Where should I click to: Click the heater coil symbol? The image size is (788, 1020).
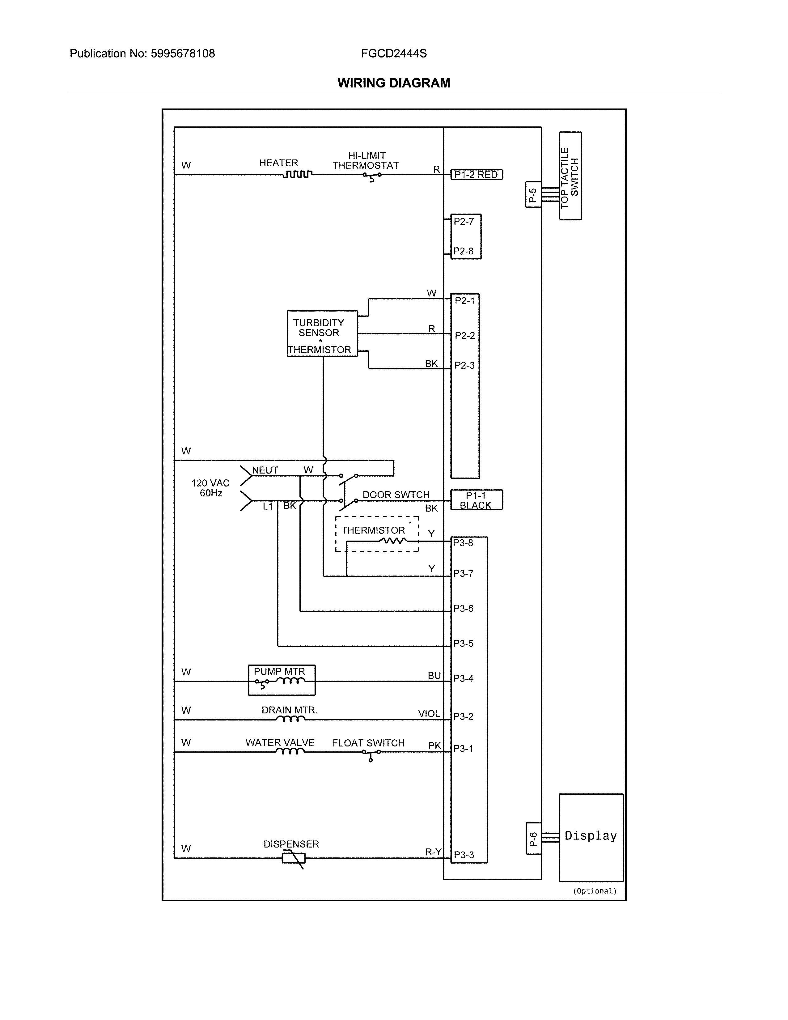click(297, 174)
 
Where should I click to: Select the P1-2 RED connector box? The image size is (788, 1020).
click(476, 175)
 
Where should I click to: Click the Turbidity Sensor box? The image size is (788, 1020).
click(322, 334)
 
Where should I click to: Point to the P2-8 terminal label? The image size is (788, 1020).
click(463, 251)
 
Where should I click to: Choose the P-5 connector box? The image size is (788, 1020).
click(533, 194)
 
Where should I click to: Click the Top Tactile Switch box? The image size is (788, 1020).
click(570, 176)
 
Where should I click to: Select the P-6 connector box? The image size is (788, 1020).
click(533, 838)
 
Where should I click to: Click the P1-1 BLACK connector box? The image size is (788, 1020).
click(476, 500)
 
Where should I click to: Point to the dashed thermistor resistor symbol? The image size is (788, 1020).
click(393, 541)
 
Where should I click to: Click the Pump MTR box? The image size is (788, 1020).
click(282, 680)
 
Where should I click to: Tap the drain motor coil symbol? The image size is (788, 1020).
click(290, 719)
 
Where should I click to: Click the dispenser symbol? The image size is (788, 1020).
click(294, 858)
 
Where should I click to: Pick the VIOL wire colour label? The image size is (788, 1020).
click(429, 714)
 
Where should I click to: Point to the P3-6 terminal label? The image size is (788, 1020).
click(463, 609)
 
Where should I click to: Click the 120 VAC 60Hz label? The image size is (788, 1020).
click(210, 488)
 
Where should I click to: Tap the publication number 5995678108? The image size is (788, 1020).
click(183, 54)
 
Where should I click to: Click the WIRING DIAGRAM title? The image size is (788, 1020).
click(393, 83)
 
